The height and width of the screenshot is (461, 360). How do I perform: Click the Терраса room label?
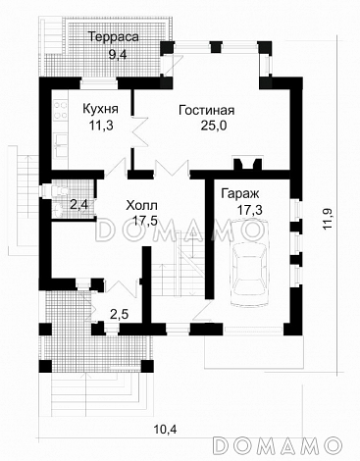115,37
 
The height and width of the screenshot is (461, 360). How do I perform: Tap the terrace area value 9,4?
118,54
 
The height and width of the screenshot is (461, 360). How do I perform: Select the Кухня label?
100,109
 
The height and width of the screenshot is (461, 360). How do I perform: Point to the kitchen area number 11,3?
101,125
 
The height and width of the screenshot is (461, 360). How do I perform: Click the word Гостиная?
207,110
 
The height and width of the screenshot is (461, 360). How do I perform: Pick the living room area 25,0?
214,126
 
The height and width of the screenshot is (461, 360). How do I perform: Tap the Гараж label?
240,194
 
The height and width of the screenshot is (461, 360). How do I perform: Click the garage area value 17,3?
250,210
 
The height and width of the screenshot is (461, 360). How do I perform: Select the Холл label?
142,206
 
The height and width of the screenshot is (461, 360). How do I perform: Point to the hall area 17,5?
145,221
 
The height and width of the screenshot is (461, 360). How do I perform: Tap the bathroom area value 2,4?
79,205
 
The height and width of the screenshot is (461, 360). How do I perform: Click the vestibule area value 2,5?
119,315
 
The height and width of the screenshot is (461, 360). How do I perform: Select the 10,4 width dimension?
165,429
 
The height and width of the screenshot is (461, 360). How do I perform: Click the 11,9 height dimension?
328,219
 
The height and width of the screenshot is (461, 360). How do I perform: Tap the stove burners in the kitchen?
60,110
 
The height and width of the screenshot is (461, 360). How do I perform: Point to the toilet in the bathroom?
55,190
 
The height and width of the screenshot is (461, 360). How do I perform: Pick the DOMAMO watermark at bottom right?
277,444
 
